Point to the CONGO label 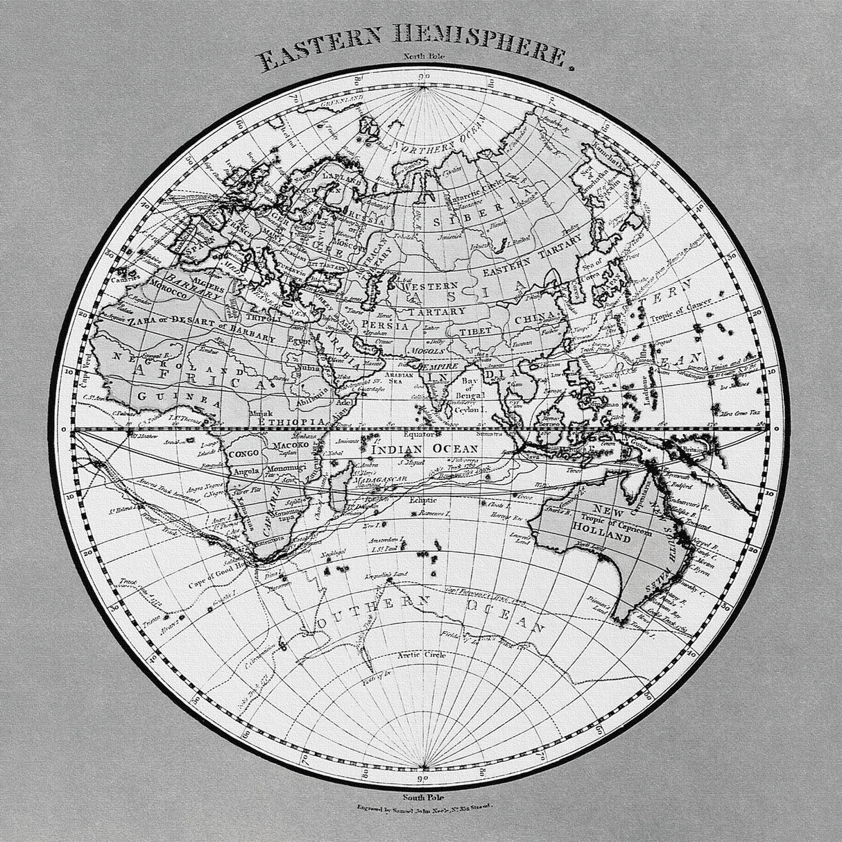243,453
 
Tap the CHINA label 537,318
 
